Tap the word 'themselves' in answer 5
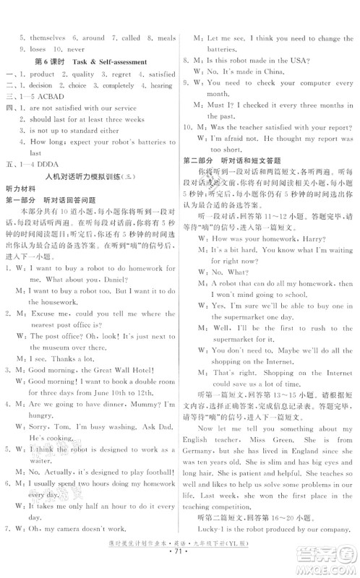coord(40,35)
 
